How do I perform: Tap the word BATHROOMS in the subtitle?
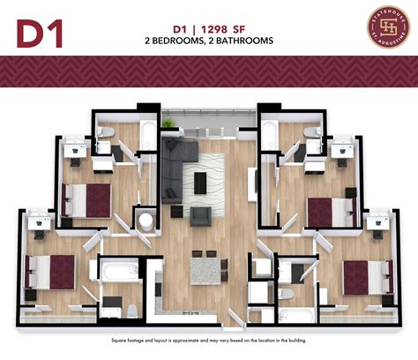tap(242, 41)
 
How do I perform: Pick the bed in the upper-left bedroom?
tap(86, 200)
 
